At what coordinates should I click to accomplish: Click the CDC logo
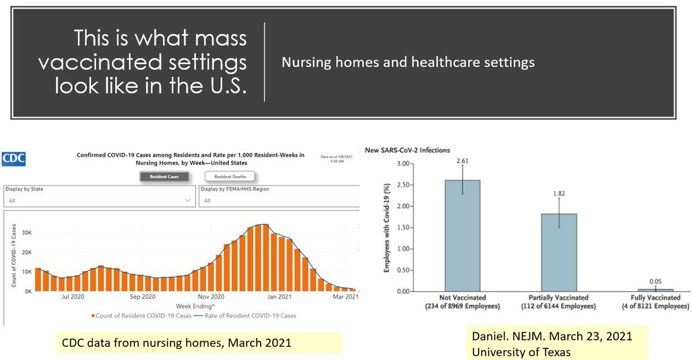[13, 158]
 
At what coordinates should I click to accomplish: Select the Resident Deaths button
[230, 177]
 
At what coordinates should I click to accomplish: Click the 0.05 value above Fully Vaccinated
[656, 282]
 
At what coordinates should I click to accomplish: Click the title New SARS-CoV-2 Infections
[407, 150]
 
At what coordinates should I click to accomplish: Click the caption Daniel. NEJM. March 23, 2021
[551, 336]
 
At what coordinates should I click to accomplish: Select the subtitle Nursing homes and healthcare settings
[408, 62]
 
